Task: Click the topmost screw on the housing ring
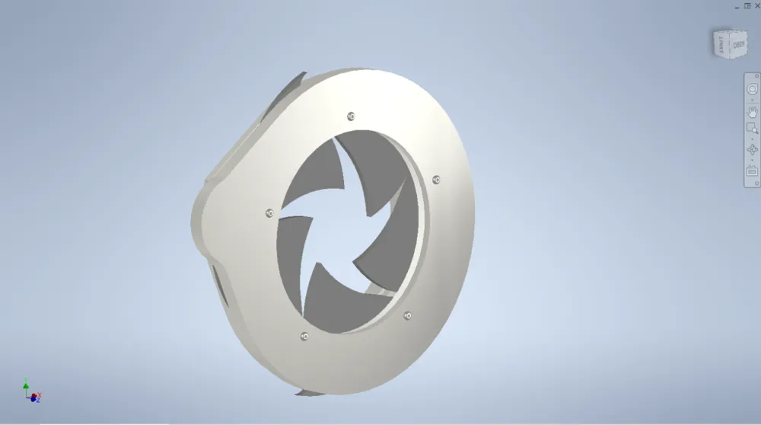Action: [351, 116]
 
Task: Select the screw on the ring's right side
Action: [436, 180]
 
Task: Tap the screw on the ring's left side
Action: [269, 212]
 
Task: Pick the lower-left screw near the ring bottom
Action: [304, 336]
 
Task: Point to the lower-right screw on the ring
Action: [407, 315]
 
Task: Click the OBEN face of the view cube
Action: [738, 45]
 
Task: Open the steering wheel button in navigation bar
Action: [752, 89]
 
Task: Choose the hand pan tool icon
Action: [752, 110]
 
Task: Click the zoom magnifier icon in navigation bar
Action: [752, 129]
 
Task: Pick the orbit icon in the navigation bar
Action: [752, 149]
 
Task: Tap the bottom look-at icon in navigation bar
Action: [752, 171]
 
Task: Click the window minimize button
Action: [736, 5]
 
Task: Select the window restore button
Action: [747, 5]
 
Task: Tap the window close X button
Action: [756, 5]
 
